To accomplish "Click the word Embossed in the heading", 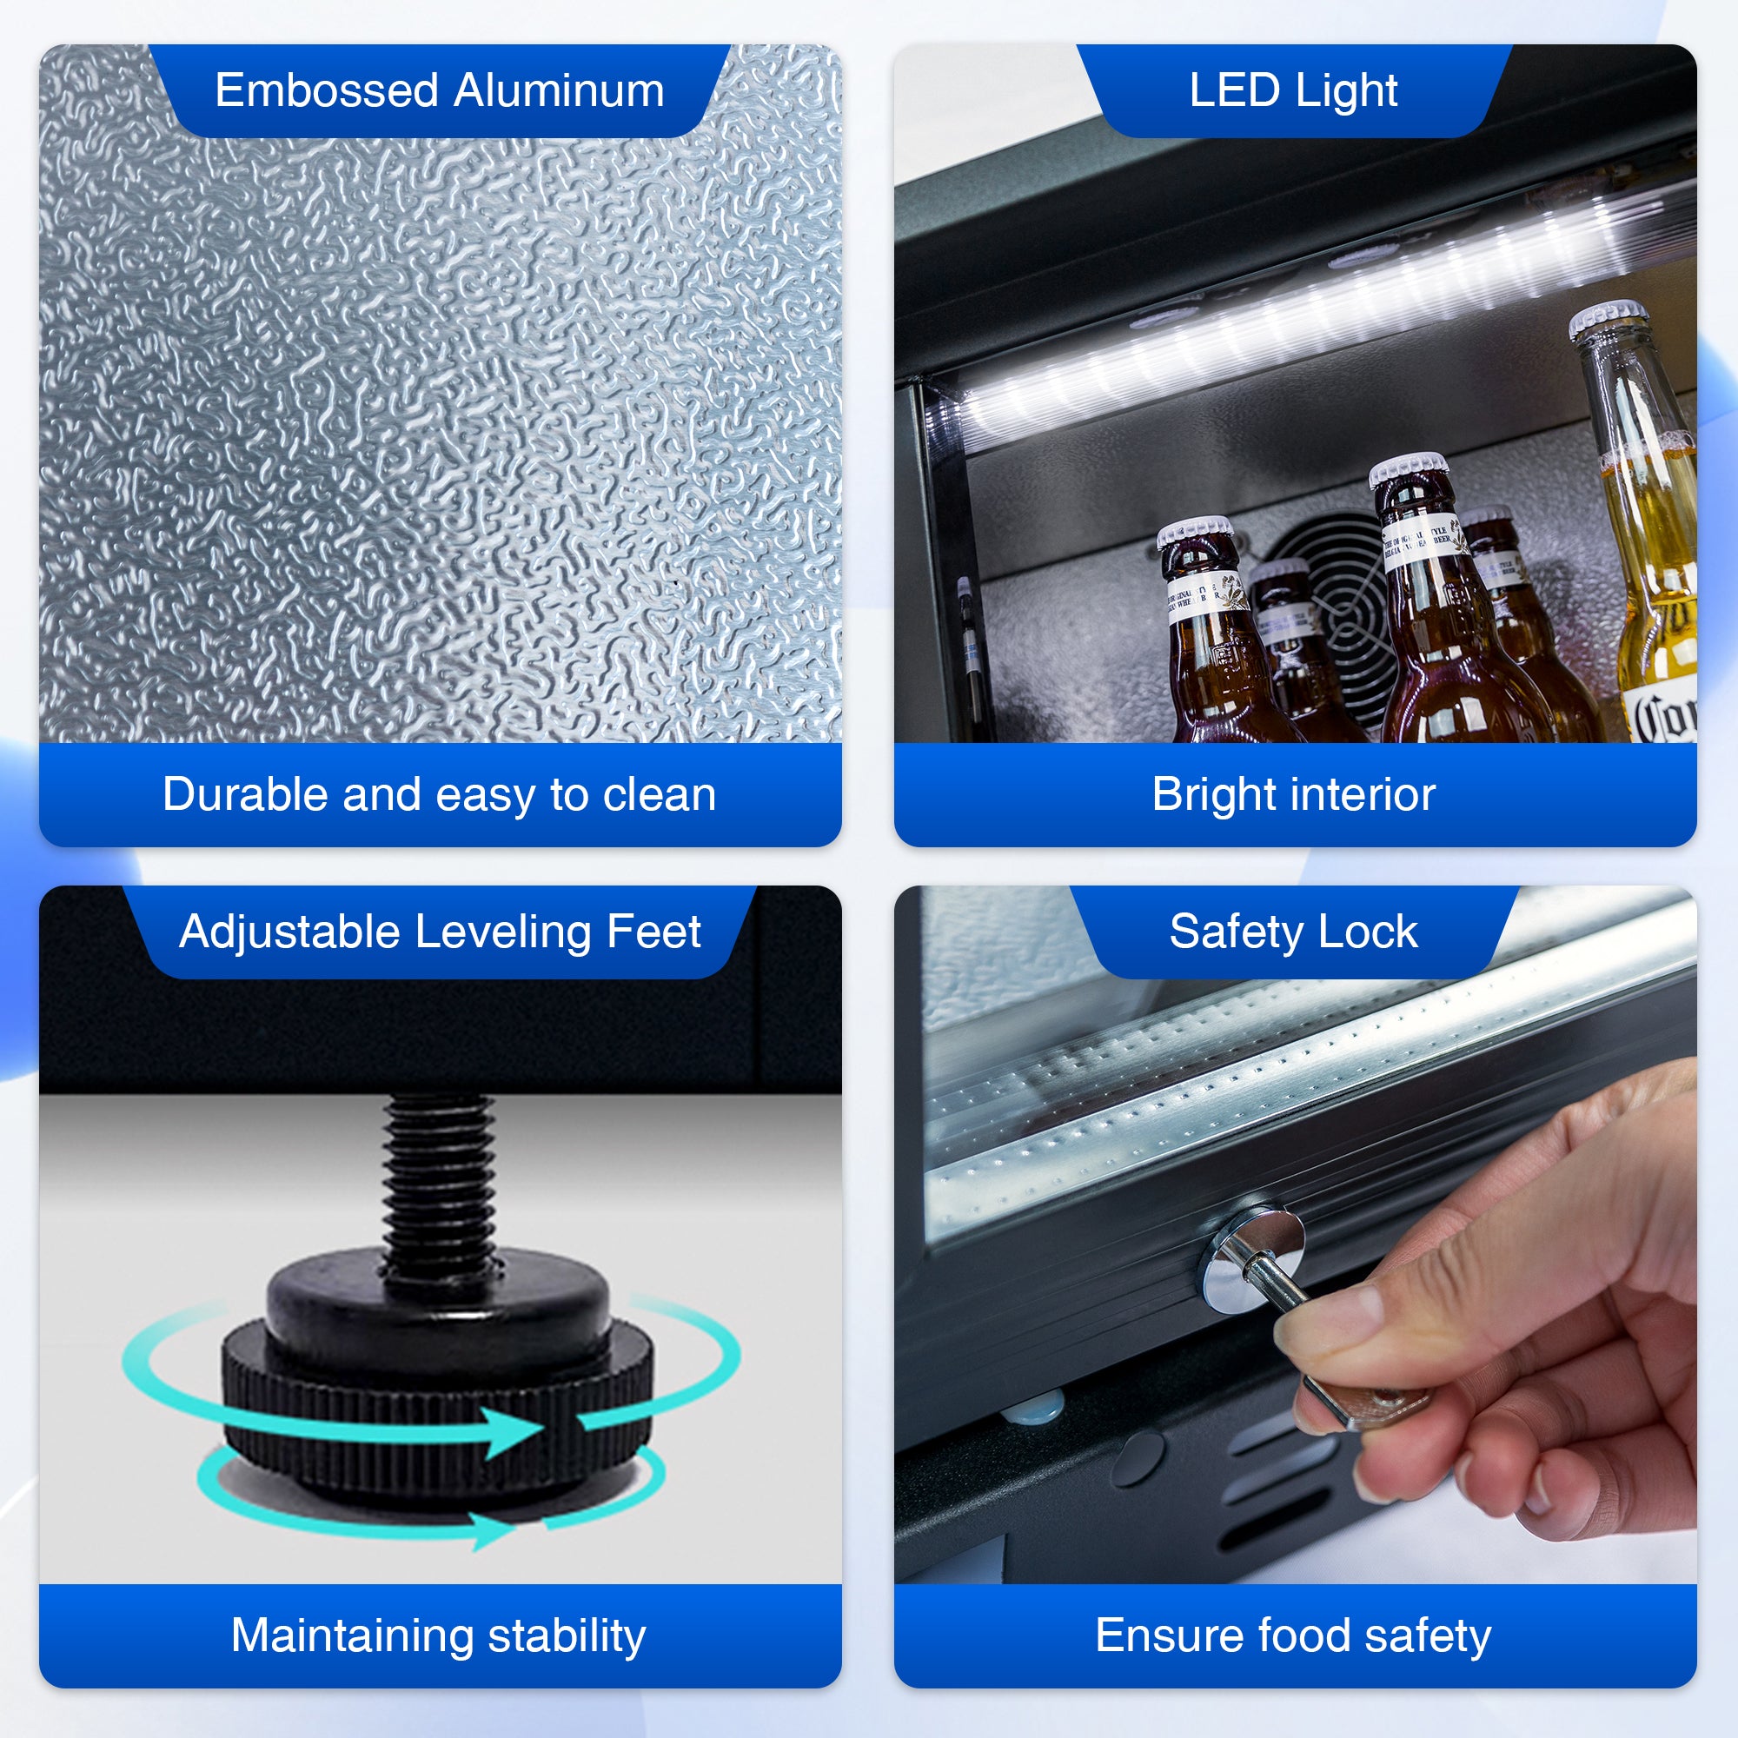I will click(x=327, y=91).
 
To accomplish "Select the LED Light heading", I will click(x=1293, y=91).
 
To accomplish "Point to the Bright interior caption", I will click(x=1293, y=795).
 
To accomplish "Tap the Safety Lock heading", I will click(x=1293, y=932).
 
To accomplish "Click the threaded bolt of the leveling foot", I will click(x=438, y=1178).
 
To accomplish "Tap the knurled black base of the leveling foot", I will click(x=438, y=1412).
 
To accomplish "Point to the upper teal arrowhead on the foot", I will click(x=513, y=1430).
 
